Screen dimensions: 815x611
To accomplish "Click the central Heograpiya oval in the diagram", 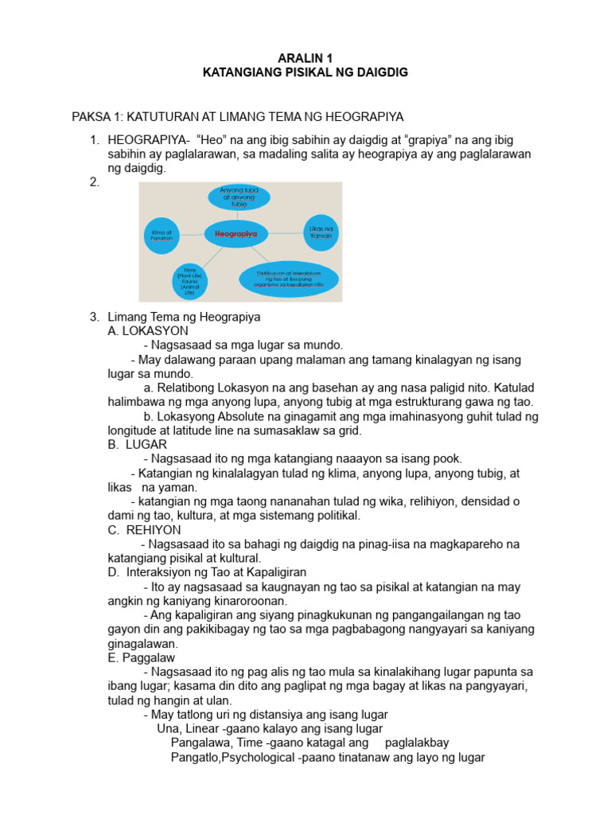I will [x=236, y=234].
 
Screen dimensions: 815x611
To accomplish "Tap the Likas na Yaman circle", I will [x=321, y=232].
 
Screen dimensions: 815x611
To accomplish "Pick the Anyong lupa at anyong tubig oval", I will [x=239, y=197].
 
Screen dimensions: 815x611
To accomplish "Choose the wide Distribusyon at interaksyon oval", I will [x=289, y=279].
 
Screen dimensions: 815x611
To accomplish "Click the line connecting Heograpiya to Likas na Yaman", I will [x=284, y=233].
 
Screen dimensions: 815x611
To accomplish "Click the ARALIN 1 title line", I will [x=305, y=58].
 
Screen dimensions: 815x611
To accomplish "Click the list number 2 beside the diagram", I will [x=95, y=182].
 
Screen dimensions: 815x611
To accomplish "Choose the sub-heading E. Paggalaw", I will [x=142, y=658].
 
